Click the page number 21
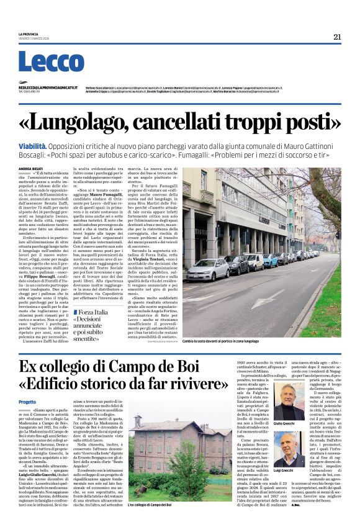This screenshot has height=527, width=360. pos(336,37)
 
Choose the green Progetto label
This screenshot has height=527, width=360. pos(27,402)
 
